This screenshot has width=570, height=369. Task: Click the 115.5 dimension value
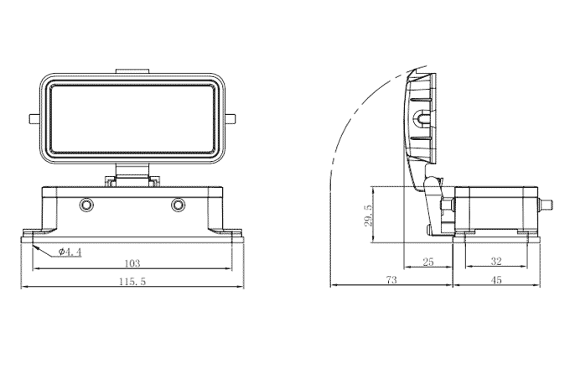pyautogui.click(x=132, y=283)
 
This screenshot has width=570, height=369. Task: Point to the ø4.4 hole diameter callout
pyautogui.click(x=70, y=252)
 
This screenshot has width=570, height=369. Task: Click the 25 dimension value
pyautogui.click(x=427, y=263)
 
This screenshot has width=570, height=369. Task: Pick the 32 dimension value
pyautogui.click(x=496, y=263)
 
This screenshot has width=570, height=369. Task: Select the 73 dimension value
pyautogui.click(x=391, y=281)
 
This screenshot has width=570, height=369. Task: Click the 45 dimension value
pyautogui.click(x=496, y=281)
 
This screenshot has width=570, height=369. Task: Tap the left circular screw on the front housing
pyautogui.click(x=86, y=205)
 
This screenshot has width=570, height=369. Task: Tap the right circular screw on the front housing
pyautogui.click(x=178, y=205)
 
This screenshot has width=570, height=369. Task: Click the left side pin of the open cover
pyautogui.click(x=34, y=118)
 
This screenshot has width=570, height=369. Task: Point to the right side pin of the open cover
pyautogui.click(x=231, y=118)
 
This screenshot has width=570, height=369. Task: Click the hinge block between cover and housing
pyautogui.click(x=132, y=179)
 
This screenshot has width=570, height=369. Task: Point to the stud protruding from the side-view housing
pyautogui.click(x=549, y=204)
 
